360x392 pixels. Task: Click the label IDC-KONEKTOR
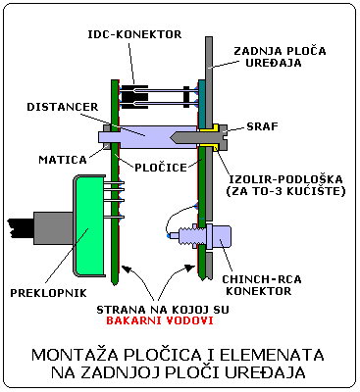click(x=135, y=33)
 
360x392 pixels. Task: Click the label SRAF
click(x=264, y=128)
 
